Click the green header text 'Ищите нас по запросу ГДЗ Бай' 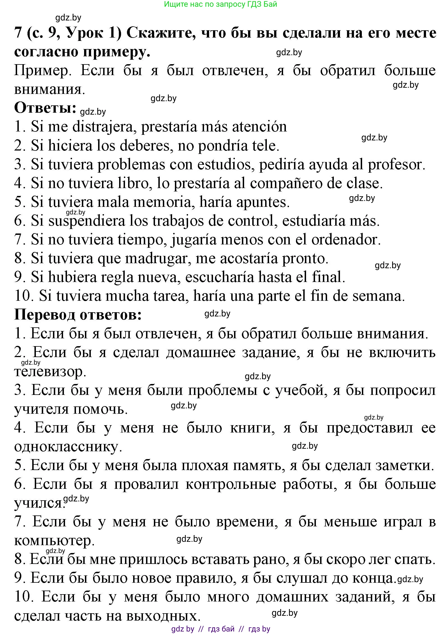220,4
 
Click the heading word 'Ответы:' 45,108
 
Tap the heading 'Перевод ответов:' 78,314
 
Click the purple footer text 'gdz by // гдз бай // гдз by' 221,629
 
